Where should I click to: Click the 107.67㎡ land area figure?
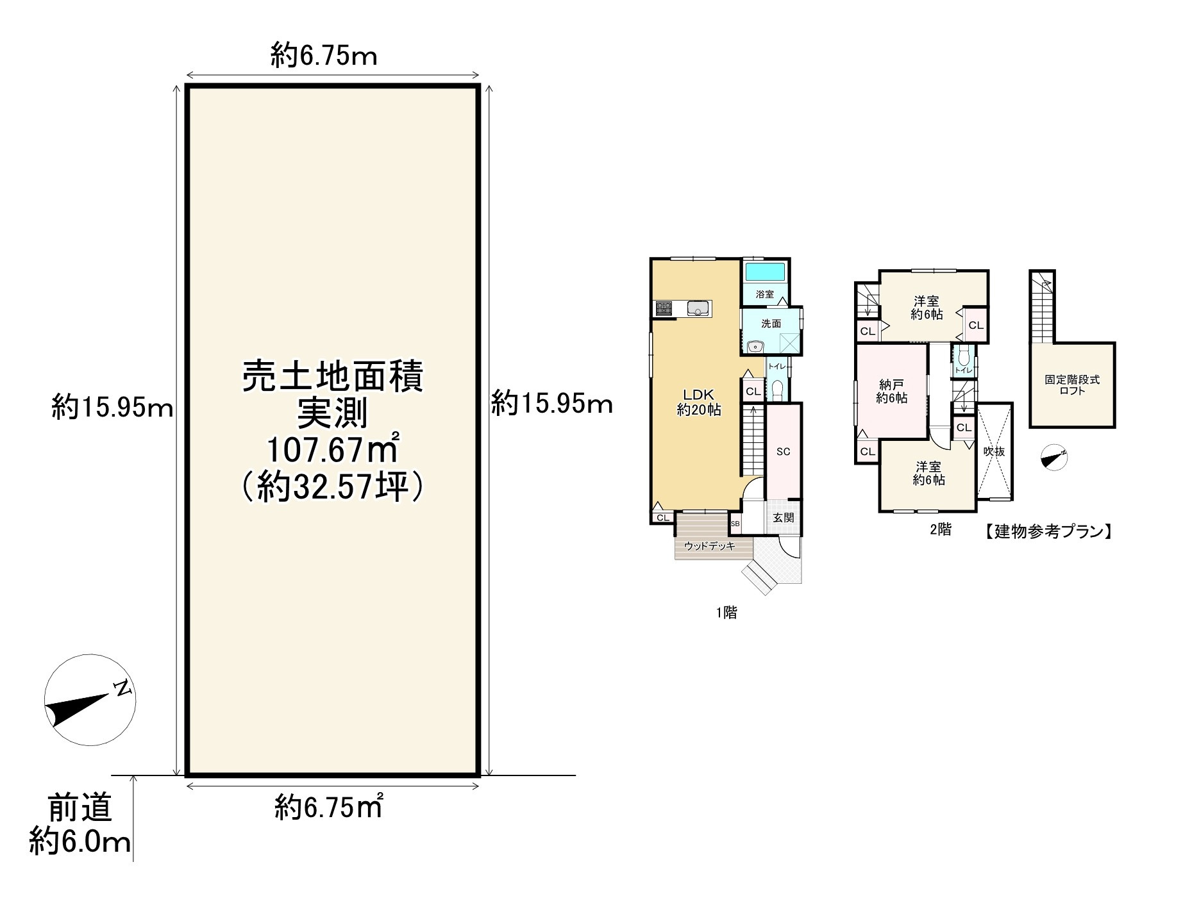tap(333, 451)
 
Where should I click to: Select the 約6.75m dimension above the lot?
tap(324, 56)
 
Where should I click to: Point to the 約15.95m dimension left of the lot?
tap(112, 407)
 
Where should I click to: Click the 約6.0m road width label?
tap(80, 842)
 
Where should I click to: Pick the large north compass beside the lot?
tap(90, 700)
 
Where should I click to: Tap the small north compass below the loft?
tap(1054, 458)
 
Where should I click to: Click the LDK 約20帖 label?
tap(699, 402)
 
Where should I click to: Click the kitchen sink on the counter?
tap(698, 308)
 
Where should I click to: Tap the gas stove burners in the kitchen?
tap(663, 309)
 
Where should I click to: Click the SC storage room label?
tap(784, 452)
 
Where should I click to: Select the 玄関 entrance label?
tap(784, 517)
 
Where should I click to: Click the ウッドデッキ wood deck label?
tap(709, 546)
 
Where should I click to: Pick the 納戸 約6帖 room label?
tap(892, 392)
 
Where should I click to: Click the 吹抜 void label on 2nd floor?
tap(994, 451)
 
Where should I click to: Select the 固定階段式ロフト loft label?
tap(1072, 385)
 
